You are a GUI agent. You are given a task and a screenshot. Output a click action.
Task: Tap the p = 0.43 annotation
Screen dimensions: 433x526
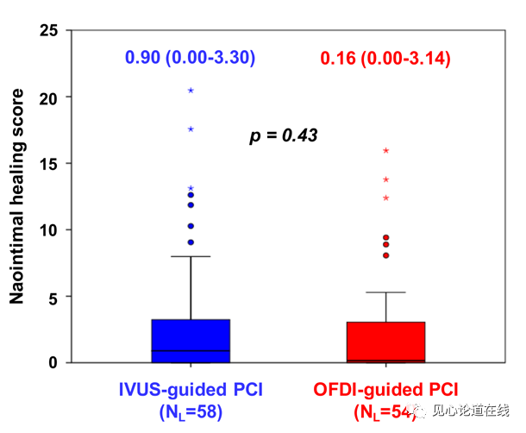pos(284,135)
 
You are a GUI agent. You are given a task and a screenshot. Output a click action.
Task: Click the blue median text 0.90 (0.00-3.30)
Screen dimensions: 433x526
pos(191,58)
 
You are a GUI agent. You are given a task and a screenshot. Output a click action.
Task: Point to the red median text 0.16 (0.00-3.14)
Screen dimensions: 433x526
pos(385,59)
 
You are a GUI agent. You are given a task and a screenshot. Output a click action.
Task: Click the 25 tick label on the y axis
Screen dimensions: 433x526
pos(50,31)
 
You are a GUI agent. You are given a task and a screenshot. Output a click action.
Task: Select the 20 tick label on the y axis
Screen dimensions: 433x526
pos(50,97)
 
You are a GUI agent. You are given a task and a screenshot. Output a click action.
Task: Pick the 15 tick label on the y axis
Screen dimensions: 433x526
pos(50,164)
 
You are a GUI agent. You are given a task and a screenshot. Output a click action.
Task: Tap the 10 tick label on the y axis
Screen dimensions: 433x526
pos(50,230)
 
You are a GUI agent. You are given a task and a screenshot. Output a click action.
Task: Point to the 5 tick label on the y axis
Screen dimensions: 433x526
pos(54,297)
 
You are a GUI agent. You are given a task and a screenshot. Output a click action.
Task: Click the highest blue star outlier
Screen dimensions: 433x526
pos(191,90)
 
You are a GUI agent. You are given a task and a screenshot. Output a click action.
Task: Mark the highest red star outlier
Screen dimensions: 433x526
pos(385,150)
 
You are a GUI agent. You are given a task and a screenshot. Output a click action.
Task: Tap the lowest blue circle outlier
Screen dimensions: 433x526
pos(191,242)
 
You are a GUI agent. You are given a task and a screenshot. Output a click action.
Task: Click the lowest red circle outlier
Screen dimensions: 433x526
pos(385,255)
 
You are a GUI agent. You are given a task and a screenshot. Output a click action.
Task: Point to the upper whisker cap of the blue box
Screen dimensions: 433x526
pos(191,256)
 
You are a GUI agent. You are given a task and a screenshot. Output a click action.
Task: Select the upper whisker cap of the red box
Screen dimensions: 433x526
pos(385,292)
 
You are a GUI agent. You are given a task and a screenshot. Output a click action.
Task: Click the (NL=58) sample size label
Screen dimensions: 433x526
pos(191,411)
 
